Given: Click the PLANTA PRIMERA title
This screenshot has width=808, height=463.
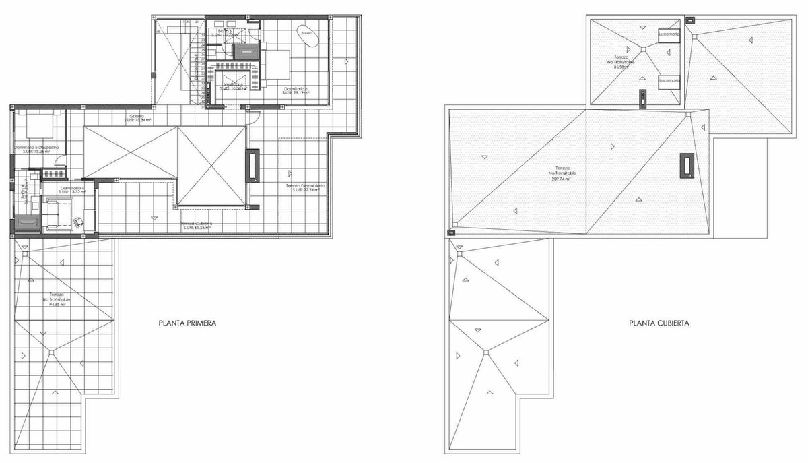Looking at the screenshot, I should point(187,323).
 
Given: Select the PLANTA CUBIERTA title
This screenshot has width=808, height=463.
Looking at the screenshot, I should point(659,323).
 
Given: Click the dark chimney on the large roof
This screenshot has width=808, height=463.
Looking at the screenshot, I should point(687,166).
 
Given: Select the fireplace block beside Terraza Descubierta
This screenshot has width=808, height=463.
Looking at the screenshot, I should point(252,166).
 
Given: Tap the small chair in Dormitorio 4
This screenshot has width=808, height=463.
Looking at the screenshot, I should point(79,220).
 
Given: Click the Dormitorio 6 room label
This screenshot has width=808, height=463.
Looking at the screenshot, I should point(296,90).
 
